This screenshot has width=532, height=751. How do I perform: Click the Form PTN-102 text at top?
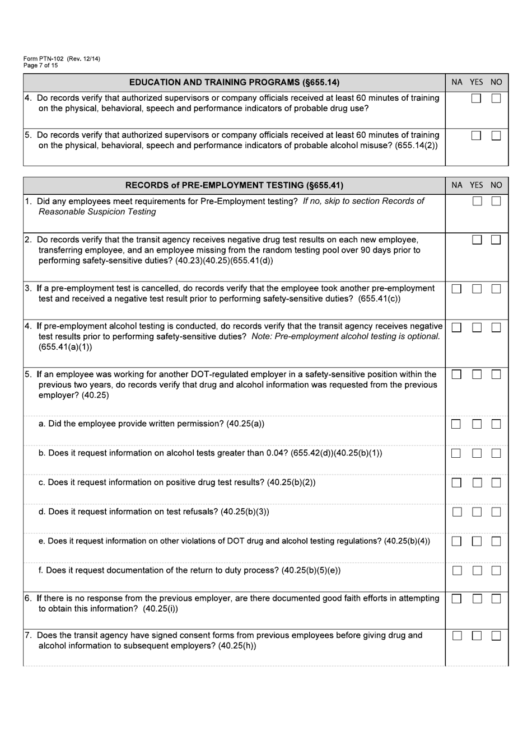tap(62, 59)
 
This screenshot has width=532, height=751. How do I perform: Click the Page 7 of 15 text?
tap(40, 65)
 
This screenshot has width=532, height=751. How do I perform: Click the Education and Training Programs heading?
tap(234, 82)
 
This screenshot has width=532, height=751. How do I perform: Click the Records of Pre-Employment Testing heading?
tap(234, 185)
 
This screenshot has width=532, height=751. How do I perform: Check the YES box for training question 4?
tap(476, 98)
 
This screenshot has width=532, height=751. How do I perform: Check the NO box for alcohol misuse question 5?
tap(496, 135)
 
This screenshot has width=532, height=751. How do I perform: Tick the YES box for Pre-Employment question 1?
tap(477, 201)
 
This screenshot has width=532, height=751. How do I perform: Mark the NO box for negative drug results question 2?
tap(496, 240)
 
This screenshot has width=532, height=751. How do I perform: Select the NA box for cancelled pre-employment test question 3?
tap(456, 289)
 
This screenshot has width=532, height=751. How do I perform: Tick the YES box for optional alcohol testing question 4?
tap(477, 327)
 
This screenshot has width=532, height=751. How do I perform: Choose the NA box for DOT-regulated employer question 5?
tap(456, 374)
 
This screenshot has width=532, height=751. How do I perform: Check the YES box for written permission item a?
tap(477, 424)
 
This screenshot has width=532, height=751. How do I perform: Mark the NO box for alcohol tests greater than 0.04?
tap(496, 453)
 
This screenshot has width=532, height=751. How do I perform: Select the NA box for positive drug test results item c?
tap(456, 483)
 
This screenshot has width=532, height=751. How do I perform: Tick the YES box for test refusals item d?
tap(477, 512)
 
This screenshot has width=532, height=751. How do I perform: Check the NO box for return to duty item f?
tap(496, 571)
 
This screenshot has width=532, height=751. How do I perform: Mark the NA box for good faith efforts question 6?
tap(456, 599)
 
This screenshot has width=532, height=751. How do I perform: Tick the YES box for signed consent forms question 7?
tap(477, 636)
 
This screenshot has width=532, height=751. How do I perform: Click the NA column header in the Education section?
tap(457, 82)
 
